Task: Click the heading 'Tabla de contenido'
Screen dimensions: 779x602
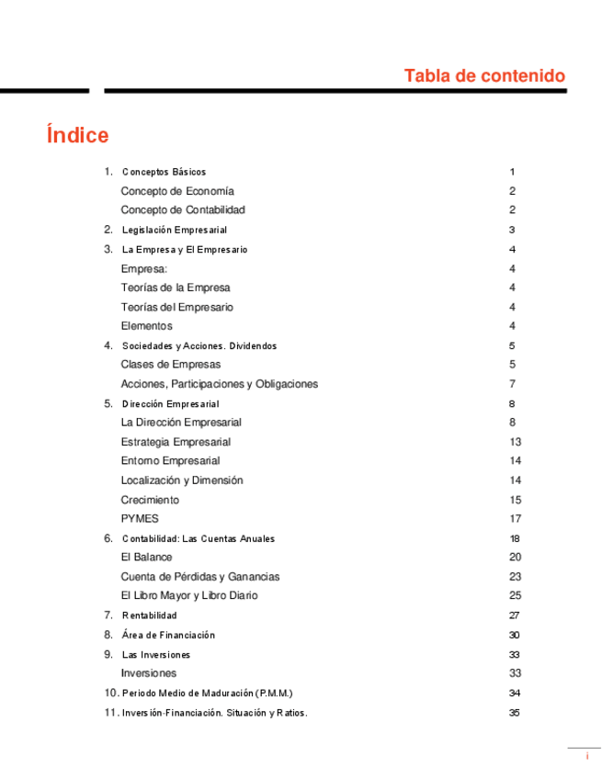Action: (x=484, y=75)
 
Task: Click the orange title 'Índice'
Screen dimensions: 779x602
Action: (x=77, y=135)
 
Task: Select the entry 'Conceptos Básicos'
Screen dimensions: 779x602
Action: (x=164, y=172)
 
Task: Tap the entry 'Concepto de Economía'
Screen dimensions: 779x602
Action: (x=177, y=191)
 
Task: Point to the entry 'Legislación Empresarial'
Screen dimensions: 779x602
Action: (x=174, y=230)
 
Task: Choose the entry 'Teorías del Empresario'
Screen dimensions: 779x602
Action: (x=176, y=307)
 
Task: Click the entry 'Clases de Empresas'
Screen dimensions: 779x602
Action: (x=170, y=365)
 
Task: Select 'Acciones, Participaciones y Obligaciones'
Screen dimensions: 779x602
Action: (x=219, y=384)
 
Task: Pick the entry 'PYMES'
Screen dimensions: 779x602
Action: (x=140, y=519)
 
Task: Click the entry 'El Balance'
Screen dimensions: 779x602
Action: (x=146, y=557)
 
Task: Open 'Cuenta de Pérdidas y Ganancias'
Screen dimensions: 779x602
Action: (x=200, y=577)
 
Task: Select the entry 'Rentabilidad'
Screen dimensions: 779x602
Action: (x=149, y=615)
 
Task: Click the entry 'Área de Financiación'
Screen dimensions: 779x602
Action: (x=167, y=635)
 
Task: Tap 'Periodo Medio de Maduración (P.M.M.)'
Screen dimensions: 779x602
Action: (x=207, y=694)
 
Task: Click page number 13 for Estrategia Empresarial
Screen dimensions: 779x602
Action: (x=515, y=442)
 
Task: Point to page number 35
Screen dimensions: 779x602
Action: (x=515, y=713)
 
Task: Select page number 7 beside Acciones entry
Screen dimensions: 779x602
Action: (x=512, y=384)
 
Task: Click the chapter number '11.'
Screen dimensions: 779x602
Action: (x=111, y=713)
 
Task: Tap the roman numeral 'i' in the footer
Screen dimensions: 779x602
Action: (x=586, y=755)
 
